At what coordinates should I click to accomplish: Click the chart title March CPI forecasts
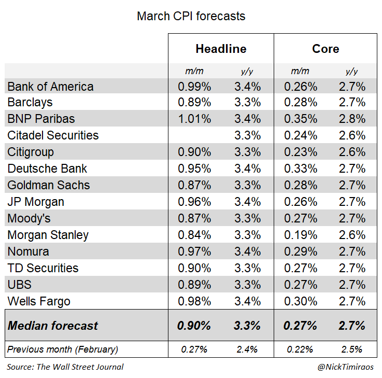(x=191, y=16)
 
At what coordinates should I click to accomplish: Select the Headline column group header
(x=221, y=49)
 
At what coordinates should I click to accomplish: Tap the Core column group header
(x=326, y=49)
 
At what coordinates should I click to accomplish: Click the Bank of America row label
(x=51, y=86)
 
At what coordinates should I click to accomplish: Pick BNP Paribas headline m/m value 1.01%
(x=194, y=119)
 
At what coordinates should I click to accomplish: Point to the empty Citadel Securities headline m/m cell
(x=194, y=135)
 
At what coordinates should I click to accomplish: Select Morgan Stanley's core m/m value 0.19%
(x=301, y=235)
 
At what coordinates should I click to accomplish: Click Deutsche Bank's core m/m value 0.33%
(x=301, y=169)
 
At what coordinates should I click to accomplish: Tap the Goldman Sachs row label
(x=49, y=185)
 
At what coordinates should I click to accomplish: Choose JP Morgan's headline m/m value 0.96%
(x=194, y=202)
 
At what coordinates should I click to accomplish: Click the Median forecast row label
(x=52, y=326)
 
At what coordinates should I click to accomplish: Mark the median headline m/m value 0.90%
(x=194, y=326)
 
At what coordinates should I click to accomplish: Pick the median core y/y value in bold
(x=352, y=326)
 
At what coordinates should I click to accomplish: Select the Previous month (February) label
(x=62, y=349)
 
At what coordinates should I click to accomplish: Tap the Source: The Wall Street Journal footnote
(x=65, y=367)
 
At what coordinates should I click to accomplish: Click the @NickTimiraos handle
(x=345, y=367)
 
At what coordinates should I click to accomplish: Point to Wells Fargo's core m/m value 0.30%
(x=301, y=301)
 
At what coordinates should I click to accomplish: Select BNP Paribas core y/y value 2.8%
(x=352, y=119)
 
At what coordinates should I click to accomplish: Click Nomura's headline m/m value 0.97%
(x=194, y=251)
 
